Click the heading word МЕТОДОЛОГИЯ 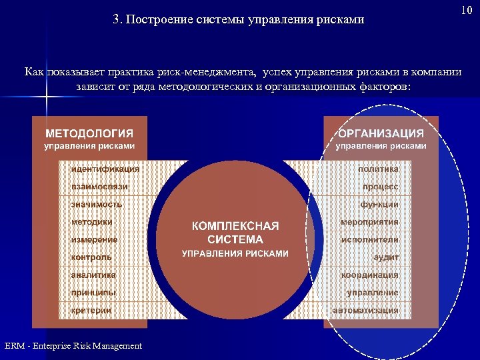(89, 133)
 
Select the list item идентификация (105, 169)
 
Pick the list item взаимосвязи (99, 187)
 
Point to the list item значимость (97, 204)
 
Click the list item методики (91, 222)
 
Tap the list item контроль (91, 257)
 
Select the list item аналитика (93, 275)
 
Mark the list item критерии (91, 310)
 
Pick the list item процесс (381, 187)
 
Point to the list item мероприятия (369, 222)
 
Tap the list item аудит (386, 257)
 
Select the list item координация (370, 275)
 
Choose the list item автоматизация (366, 310)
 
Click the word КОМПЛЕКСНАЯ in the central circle (235, 226)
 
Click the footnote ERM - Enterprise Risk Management (73, 345)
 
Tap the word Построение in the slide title (159, 19)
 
